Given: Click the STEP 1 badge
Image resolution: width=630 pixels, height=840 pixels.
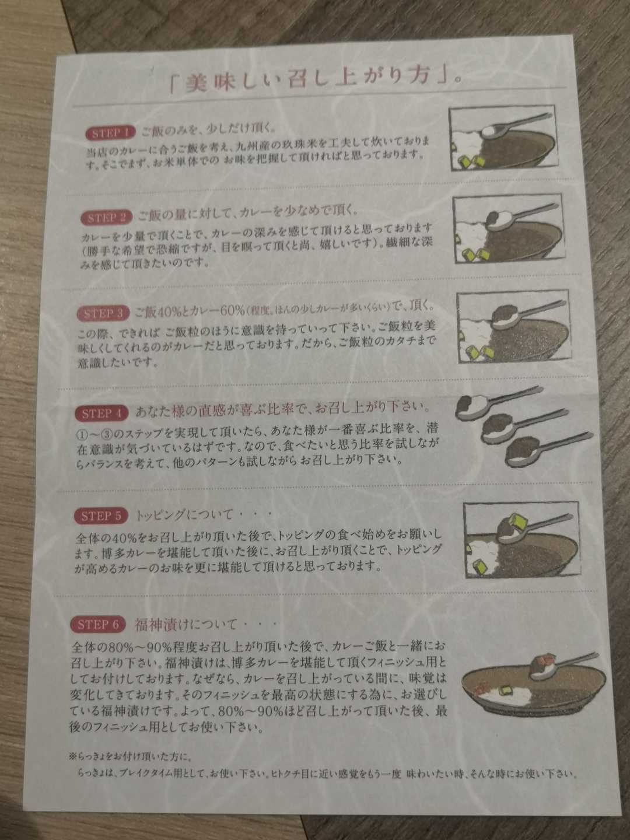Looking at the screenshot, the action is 111,133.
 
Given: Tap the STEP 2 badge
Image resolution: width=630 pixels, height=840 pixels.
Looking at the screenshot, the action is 106,218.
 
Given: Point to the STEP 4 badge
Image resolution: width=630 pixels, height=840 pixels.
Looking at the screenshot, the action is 101,414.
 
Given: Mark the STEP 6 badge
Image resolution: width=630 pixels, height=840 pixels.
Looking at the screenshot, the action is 98,625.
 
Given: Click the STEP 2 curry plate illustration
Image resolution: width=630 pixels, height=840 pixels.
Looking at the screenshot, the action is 509,229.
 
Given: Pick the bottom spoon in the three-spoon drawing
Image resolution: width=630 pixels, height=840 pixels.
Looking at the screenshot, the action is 548,451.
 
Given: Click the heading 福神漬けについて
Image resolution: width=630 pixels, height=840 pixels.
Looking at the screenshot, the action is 186,625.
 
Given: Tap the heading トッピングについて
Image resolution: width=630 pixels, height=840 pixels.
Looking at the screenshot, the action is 184,515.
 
